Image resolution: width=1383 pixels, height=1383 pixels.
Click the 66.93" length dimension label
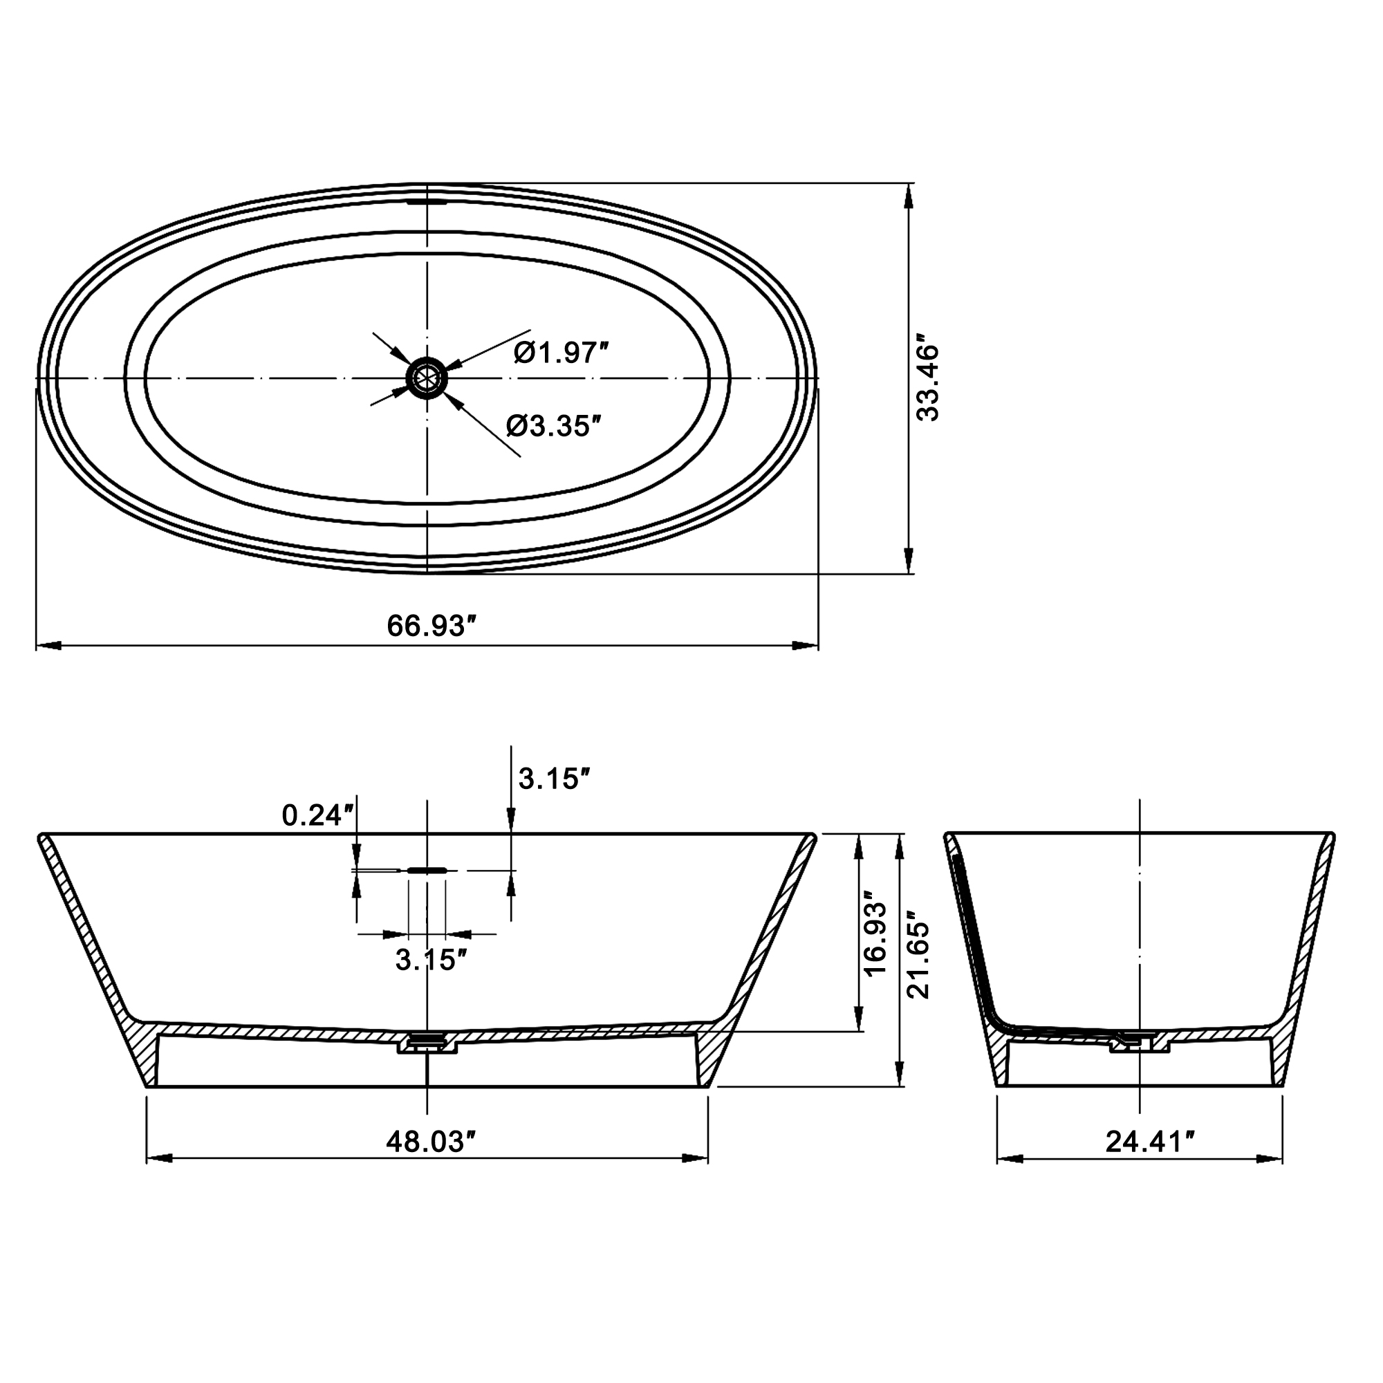[431, 626]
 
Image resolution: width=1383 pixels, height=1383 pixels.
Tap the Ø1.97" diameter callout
[561, 353]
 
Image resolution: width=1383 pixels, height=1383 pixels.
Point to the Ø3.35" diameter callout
[553, 427]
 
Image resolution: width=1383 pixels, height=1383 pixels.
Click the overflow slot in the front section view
[427, 871]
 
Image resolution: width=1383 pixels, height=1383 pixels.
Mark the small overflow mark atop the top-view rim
[427, 203]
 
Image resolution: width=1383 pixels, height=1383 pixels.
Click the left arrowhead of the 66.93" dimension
[47, 646]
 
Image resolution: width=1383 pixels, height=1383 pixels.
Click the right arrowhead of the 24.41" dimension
[1272, 1158]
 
